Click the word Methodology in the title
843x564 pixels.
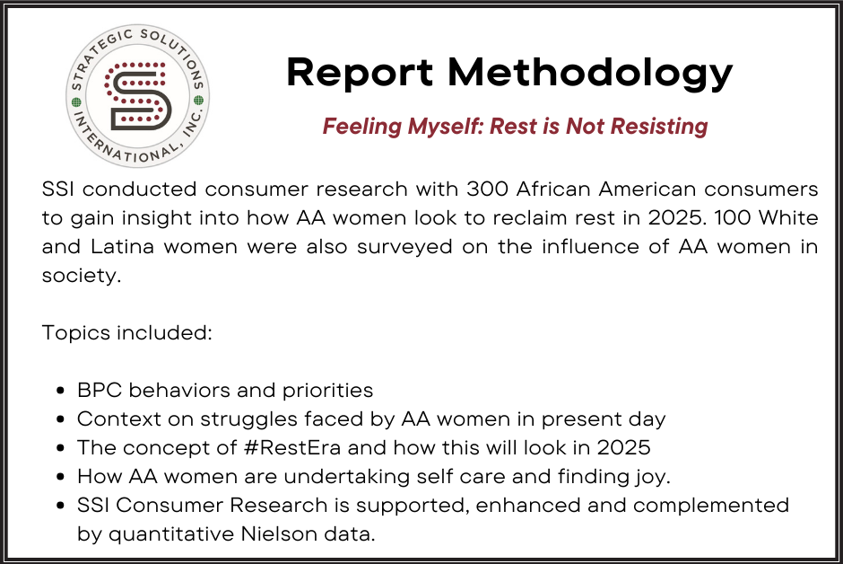(x=590, y=73)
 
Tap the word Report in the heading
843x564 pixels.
(x=360, y=72)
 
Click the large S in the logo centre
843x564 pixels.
(x=138, y=96)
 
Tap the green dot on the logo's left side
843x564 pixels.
(x=76, y=102)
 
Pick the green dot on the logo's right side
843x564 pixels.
(x=198, y=100)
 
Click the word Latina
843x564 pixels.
(x=122, y=246)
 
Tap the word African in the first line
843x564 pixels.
(x=552, y=189)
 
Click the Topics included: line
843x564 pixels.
(x=126, y=332)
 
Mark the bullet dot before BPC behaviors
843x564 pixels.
(x=61, y=391)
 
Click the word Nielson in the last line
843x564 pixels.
(x=279, y=533)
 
